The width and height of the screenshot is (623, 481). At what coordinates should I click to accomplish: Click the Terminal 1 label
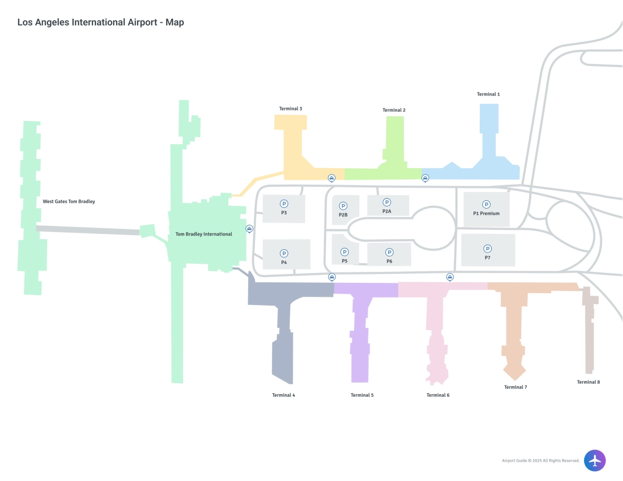pyautogui.click(x=488, y=94)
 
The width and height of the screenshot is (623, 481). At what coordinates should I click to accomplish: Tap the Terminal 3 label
pyautogui.click(x=290, y=109)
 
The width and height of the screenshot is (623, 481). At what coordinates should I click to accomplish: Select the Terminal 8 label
pyautogui.click(x=588, y=382)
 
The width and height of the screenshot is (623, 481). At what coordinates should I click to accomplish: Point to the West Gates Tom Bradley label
pyautogui.click(x=69, y=201)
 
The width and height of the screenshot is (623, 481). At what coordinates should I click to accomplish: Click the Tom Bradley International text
pyautogui.click(x=204, y=235)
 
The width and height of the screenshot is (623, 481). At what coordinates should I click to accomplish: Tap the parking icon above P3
pyautogui.click(x=284, y=204)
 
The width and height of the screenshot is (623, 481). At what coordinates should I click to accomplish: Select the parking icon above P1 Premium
pyautogui.click(x=486, y=204)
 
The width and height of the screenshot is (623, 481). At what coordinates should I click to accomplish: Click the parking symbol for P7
pyautogui.click(x=487, y=249)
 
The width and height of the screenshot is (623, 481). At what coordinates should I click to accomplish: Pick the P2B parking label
pyautogui.click(x=343, y=215)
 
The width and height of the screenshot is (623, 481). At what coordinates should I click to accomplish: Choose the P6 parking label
pyautogui.click(x=389, y=261)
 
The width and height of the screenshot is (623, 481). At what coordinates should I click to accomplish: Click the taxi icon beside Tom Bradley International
pyautogui.click(x=249, y=228)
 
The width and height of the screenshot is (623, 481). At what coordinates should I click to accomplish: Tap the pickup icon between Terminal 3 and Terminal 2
pyautogui.click(x=331, y=178)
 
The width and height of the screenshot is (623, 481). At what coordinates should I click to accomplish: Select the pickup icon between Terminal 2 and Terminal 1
pyautogui.click(x=425, y=178)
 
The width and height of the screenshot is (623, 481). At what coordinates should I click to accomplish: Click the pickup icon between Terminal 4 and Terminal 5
pyautogui.click(x=332, y=277)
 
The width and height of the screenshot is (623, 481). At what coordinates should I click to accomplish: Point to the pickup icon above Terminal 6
pyautogui.click(x=450, y=277)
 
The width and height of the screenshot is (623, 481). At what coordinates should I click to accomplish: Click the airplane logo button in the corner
pyautogui.click(x=594, y=460)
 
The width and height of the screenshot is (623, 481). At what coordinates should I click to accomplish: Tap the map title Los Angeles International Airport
pyautogui.click(x=101, y=22)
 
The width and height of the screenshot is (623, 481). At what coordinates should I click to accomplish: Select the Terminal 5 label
pyautogui.click(x=362, y=395)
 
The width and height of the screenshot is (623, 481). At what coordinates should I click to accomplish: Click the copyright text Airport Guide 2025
pyautogui.click(x=540, y=461)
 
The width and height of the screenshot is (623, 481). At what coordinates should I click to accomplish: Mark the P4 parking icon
pyautogui.click(x=284, y=253)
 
